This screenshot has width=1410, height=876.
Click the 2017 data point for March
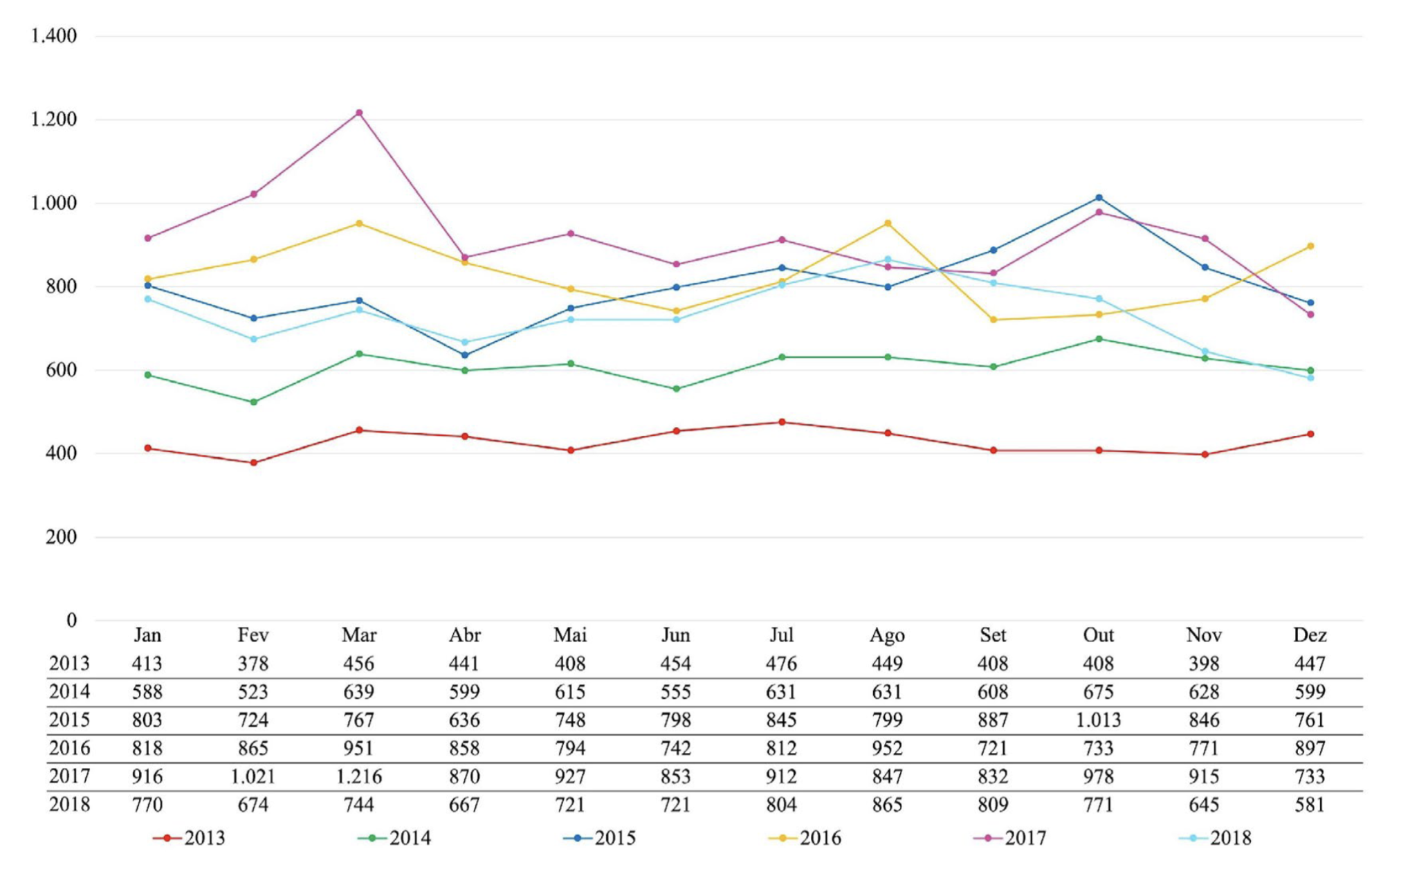click(x=359, y=113)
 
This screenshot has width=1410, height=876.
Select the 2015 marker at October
click(x=1099, y=198)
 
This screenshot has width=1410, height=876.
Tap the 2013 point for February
click(x=253, y=462)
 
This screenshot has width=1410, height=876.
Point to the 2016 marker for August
click(x=888, y=223)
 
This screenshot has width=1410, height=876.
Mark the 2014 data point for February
click(x=253, y=402)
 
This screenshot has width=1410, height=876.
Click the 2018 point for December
click(x=1310, y=378)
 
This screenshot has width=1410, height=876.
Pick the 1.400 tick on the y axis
click(x=53, y=36)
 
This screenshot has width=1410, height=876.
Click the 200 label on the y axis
click(x=61, y=537)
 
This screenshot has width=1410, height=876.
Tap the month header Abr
click(x=464, y=635)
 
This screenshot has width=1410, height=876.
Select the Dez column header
click(x=1310, y=635)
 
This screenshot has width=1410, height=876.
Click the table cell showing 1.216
click(x=359, y=776)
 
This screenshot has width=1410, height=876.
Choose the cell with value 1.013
click(x=1098, y=720)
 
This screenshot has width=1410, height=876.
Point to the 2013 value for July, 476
click(x=781, y=664)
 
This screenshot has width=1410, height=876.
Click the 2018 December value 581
click(x=1310, y=805)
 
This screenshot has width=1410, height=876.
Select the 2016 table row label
click(x=69, y=749)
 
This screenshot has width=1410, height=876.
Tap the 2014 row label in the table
click(x=69, y=692)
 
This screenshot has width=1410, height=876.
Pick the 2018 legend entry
click(x=1216, y=838)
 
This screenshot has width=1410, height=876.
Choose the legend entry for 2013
click(x=190, y=838)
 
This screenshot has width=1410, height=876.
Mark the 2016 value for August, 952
click(x=887, y=749)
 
